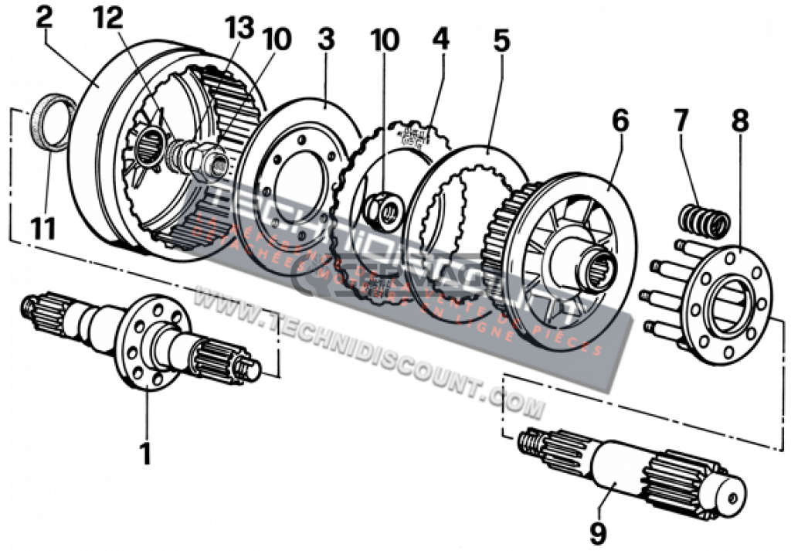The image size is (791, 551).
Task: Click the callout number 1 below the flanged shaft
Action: (145, 454)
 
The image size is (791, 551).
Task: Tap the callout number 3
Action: (326, 40)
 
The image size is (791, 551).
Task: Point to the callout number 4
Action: (440, 40)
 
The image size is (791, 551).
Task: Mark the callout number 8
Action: (739, 122)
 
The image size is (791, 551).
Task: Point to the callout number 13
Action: (239, 29)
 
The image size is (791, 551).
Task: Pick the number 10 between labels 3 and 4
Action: (384, 40)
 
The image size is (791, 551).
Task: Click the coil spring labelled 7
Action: (704, 221)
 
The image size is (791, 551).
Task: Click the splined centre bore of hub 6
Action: (598, 266)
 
